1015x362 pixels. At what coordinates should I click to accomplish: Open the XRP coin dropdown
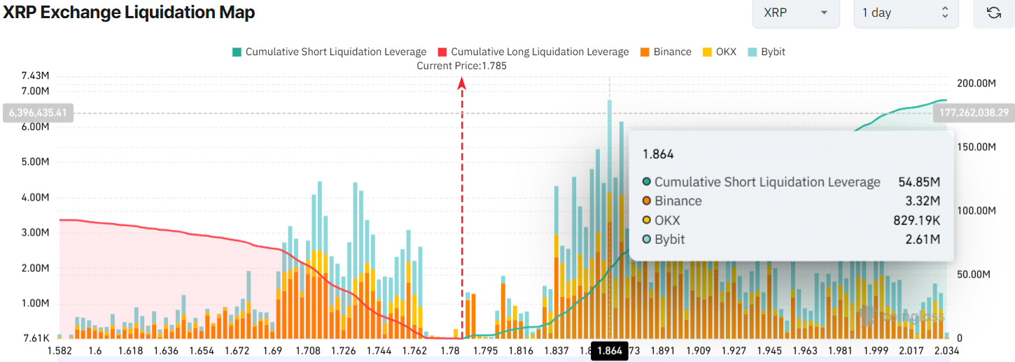tap(795, 13)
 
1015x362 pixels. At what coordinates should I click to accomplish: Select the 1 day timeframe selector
tap(905, 13)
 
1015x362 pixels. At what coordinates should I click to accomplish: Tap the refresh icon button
tap(993, 13)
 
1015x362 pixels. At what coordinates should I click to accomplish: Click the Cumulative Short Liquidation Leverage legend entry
tap(329, 52)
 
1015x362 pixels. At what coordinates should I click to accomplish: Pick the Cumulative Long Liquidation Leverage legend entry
tap(533, 52)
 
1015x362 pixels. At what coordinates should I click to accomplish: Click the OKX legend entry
tap(719, 52)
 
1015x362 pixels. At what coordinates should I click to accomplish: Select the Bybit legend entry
tap(766, 52)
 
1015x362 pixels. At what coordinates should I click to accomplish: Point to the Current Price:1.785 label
tap(461, 66)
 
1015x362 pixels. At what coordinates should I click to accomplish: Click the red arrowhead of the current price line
tap(462, 83)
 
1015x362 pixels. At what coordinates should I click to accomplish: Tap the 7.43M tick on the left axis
tap(35, 75)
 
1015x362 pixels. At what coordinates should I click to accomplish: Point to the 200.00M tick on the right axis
tap(976, 83)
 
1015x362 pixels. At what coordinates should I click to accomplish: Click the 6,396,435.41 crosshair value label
tap(39, 112)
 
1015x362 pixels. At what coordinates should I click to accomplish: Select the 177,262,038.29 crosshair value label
tap(973, 112)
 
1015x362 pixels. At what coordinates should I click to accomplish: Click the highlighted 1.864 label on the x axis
tap(609, 351)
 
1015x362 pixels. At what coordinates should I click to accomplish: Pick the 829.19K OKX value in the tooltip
tap(918, 220)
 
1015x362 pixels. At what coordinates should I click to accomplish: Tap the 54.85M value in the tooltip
tap(918, 182)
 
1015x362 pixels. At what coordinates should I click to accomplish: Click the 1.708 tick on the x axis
tap(308, 351)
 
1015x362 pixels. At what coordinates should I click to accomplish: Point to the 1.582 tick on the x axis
tap(59, 351)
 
